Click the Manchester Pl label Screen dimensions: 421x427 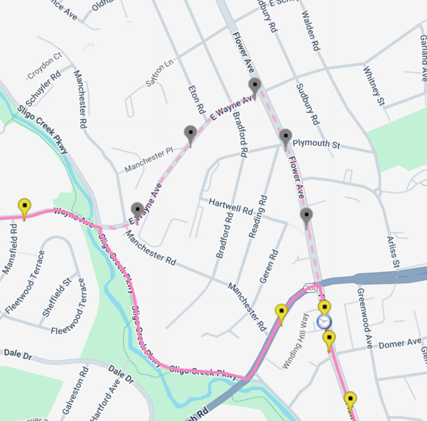click(149, 161)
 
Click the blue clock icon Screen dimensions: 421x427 click(324, 322)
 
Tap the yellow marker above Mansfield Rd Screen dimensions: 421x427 click(25, 207)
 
